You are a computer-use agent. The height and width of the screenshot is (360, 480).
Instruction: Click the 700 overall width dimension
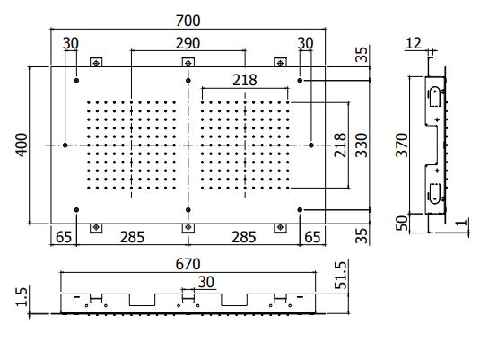(188, 21)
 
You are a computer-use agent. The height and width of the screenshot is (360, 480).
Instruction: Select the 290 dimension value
(188, 43)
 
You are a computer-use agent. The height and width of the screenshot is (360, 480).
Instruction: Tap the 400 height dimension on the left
(22, 145)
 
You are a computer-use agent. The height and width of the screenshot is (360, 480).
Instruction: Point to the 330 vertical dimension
(362, 145)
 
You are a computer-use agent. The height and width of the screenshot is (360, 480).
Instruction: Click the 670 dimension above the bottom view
(188, 264)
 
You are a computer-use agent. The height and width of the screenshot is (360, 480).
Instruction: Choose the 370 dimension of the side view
(402, 145)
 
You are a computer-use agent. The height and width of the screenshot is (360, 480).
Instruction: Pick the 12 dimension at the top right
(414, 43)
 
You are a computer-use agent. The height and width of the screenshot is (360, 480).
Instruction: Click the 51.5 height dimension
(341, 275)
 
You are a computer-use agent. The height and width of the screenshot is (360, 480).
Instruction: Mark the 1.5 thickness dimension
(22, 296)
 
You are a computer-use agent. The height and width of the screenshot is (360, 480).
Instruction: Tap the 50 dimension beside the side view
(402, 223)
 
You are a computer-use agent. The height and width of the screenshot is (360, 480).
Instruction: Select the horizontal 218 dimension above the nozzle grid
(245, 80)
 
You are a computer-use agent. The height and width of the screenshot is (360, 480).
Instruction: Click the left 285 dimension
(132, 237)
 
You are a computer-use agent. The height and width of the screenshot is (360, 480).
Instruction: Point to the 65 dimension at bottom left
(64, 237)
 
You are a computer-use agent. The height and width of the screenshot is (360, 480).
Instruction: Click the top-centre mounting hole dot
(188, 80)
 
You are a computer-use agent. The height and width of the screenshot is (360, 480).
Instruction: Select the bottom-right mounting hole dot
(300, 210)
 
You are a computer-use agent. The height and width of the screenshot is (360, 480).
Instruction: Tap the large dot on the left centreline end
(65, 145)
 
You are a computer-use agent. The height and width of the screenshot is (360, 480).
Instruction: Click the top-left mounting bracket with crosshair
(96, 62)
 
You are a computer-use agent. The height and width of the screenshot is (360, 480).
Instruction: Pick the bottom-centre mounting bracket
(188, 228)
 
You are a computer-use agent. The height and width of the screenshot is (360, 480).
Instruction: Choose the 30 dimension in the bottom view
(206, 282)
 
